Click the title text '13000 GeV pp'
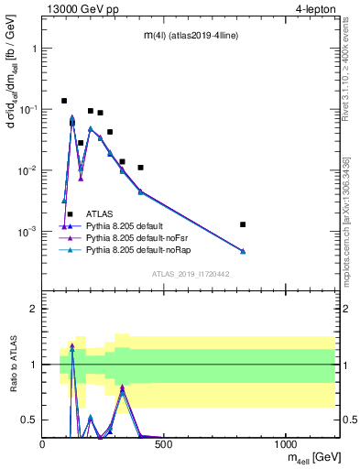coord(78,8)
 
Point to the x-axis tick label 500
coord(164,444)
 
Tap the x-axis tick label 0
coord(43,444)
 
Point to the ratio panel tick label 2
coord(34,309)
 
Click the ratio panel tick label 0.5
coord(29,420)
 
